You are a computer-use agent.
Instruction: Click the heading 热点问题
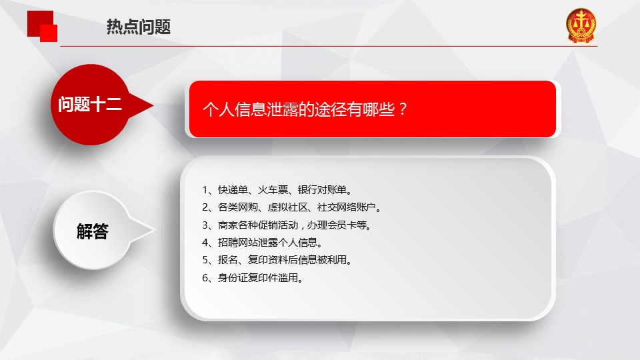139,27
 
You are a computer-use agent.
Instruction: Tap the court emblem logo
581,25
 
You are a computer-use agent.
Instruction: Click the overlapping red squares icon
42,26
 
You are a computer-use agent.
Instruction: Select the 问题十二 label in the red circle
90,104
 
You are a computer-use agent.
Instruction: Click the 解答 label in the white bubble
93,231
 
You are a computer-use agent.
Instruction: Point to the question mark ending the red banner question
403,109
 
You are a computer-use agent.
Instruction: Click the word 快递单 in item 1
233,190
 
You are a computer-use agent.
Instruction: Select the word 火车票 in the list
273,190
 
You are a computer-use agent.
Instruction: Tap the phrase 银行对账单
323,190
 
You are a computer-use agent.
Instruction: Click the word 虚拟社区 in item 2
288,207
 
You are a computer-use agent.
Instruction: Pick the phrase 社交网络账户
347,207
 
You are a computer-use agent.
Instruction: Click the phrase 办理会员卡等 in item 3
337,225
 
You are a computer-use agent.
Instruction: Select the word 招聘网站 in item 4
237,243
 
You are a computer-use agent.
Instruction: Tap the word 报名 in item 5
228,260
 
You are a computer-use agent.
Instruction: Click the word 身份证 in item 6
233,278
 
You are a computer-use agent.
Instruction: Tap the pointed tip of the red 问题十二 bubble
153,106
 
